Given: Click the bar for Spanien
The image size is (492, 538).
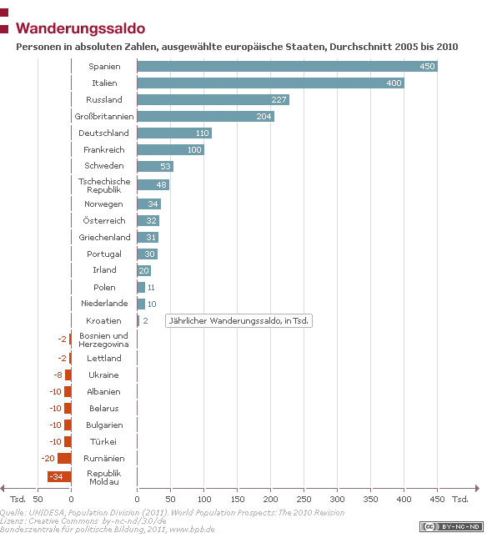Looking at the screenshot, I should click(x=287, y=66).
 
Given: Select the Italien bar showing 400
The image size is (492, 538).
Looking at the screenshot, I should click(x=270, y=83).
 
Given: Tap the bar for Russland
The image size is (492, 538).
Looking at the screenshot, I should click(x=213, y=99).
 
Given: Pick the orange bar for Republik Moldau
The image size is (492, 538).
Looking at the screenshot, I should click(x=59, y=476).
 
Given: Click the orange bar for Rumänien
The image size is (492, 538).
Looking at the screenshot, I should click(x=64, y=458).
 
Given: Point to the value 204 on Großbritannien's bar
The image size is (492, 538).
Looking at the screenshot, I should click(x=264, y=117).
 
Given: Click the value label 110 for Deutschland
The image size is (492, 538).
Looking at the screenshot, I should click(x=202, y=133).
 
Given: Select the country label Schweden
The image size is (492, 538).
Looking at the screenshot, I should click(x=104, y=166).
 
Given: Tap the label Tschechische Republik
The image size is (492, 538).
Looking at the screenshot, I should click(x=104, y=184).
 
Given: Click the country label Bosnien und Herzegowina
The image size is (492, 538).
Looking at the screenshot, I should click(x=104, y=339).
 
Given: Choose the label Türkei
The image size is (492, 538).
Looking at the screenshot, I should click(x=104, y=441).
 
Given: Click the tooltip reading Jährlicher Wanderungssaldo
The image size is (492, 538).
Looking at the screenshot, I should click(x=238, y=320).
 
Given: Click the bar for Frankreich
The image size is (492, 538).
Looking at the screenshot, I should click(x=170, y=149).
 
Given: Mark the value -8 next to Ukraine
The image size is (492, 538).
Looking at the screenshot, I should click(x=58, y=375).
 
